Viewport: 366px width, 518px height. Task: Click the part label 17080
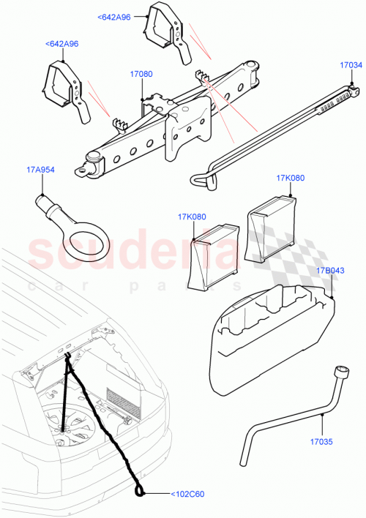point(141,74)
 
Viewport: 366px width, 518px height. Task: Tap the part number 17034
point(351,65)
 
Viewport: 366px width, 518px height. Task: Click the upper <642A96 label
point(113,16)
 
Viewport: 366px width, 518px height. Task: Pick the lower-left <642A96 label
point(62,44)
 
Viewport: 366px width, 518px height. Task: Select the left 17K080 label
point(191,216)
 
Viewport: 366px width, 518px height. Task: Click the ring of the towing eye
point(80,241)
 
